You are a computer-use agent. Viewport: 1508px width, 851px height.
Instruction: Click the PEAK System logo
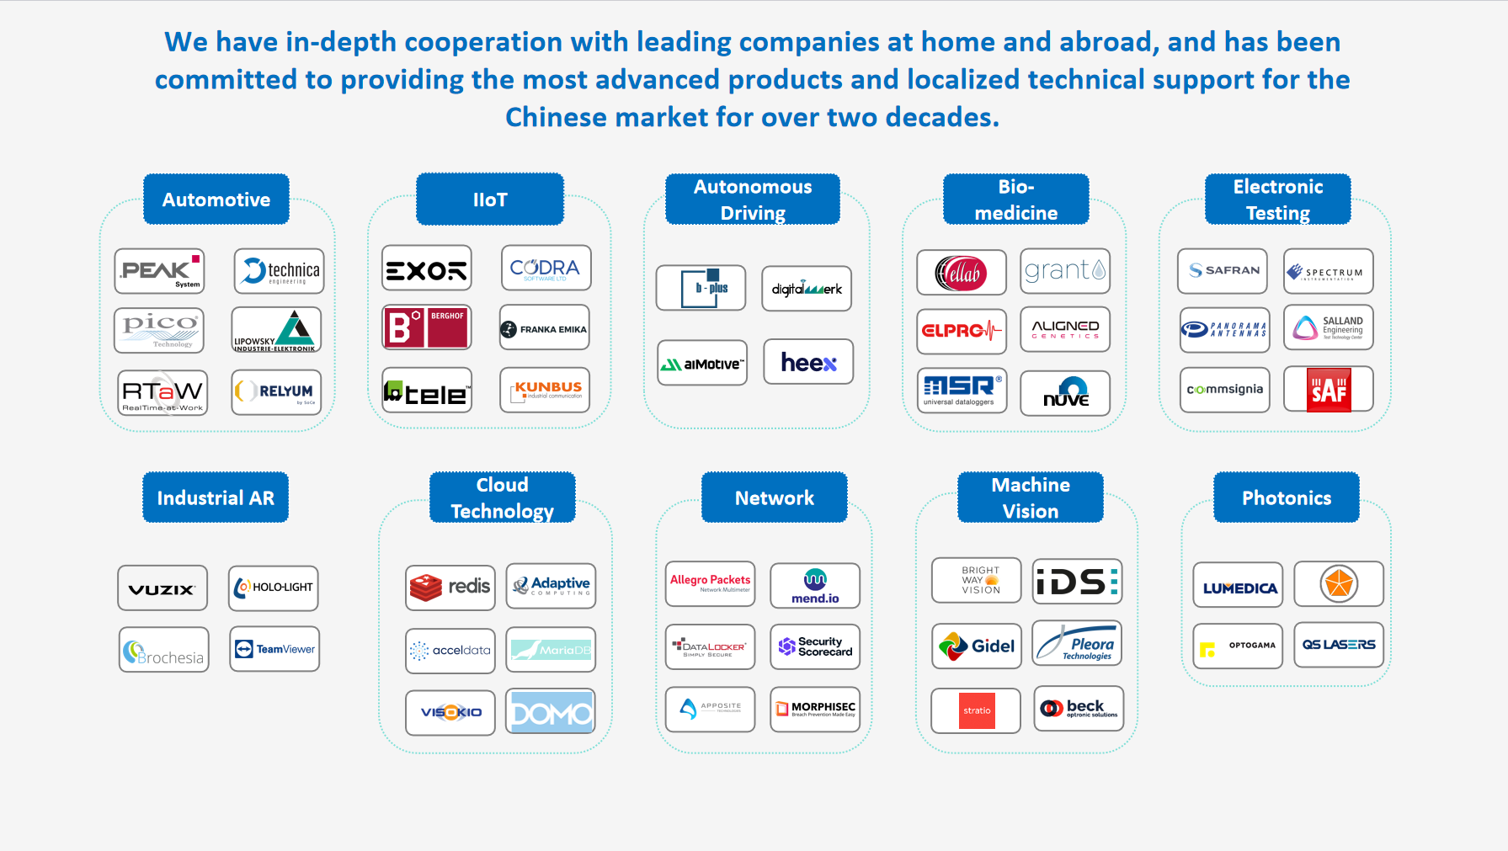[x=159, y=271]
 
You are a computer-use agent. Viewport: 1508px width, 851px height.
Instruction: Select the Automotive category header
[x=216, y=199]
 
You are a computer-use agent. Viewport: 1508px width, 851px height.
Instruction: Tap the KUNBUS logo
[x=545, y=390]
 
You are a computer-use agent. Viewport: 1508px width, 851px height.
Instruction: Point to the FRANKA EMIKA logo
[x=545, y=328]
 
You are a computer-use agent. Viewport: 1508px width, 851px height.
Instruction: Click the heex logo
[x=808, y=362]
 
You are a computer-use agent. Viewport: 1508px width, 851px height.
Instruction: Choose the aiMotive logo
[x=702, y=364]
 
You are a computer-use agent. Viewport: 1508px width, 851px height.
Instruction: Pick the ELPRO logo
[x=962, y=330]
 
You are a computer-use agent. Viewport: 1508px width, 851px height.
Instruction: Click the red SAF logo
[x=1329, y=390]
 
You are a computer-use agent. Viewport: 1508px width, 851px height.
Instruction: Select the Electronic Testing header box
[x=1277, y=199]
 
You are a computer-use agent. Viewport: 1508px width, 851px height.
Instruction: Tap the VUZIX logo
[x=163, y=588]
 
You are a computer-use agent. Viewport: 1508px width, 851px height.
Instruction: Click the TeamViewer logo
[x=274, y=649]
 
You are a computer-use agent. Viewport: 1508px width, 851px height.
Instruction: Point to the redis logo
[x=450, y=587]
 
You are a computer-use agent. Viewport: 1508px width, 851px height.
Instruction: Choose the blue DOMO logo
[x=551, y=712]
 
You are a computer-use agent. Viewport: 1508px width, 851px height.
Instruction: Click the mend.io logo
[x=815, y=586]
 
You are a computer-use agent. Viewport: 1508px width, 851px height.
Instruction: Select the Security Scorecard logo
[x=815, y=646]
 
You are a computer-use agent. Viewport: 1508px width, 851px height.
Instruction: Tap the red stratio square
[x=977, y=710]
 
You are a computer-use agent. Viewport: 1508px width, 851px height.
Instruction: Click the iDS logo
[x=1078, y=582]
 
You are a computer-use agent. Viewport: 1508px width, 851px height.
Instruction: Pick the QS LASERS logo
[x=1339, y=645]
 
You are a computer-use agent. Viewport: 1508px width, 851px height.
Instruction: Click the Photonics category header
[x=1287, y=497]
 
